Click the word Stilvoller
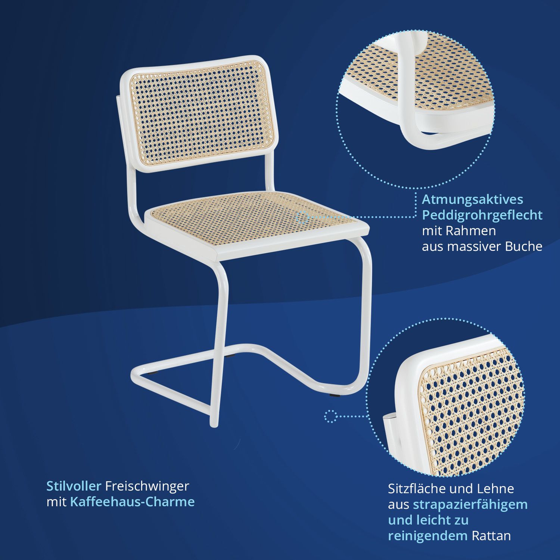tap(74, 486)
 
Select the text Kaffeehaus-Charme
tap(132, 502)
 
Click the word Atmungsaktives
tap(472, 200)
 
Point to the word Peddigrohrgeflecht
tap(482, 216)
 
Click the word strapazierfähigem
tap(470, 505)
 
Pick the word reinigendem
tap(428, 536)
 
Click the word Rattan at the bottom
tap(491, 536)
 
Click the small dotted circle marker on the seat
tap(302, 217)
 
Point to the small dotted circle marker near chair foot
tap(330, 416)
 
